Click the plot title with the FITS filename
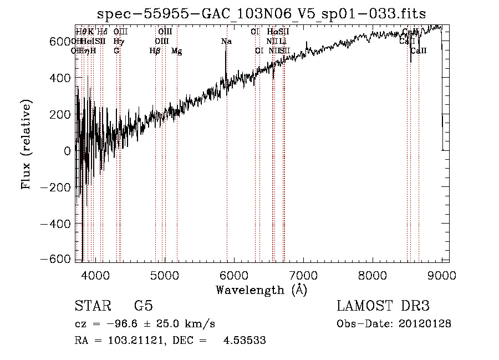tap(262, 14)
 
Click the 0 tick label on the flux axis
tap(67, 151)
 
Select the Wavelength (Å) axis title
tap(261, 290)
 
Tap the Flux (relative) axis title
tap(27, 144)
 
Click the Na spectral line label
tap(226, 42)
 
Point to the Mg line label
tap(176, 51)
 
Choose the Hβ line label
tap(155, 51)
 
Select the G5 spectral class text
tap(143, 306)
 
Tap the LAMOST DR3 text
tap(383, 306)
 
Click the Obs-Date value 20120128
tap(426, 324)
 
